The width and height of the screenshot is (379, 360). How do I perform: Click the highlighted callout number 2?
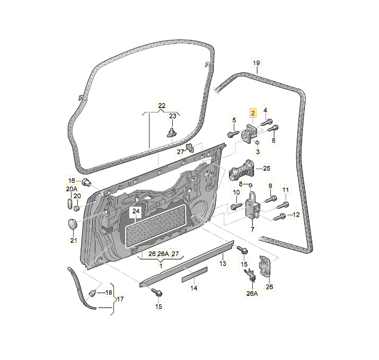(x=253, y=113)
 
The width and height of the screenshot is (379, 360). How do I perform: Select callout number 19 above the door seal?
(x=256, y=63)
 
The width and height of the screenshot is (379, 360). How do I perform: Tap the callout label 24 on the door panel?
(x=136, y=212)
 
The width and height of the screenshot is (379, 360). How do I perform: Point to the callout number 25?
(x=267, y=168)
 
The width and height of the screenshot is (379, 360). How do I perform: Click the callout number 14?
(x=194, y=288)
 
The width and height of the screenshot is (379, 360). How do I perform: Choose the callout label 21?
(x=74, y=240)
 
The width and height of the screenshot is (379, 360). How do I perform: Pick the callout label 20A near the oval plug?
(x=72, y=189)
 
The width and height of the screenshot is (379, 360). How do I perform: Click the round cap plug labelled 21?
(x=72, y=223)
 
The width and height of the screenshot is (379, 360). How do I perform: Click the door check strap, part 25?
(x=241, y=171)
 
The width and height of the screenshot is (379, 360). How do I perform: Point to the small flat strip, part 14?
(x=195, y=275)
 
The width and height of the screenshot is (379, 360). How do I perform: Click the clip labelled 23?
(x=172, y=133)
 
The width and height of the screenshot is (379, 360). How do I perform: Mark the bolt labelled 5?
(x=233, y=134)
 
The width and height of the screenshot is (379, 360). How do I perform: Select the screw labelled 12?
(x=279, y=217)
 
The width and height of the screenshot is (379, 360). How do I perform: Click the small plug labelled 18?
(x=92, y=294)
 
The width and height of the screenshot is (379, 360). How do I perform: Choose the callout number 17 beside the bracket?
(x=120, y=299)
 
